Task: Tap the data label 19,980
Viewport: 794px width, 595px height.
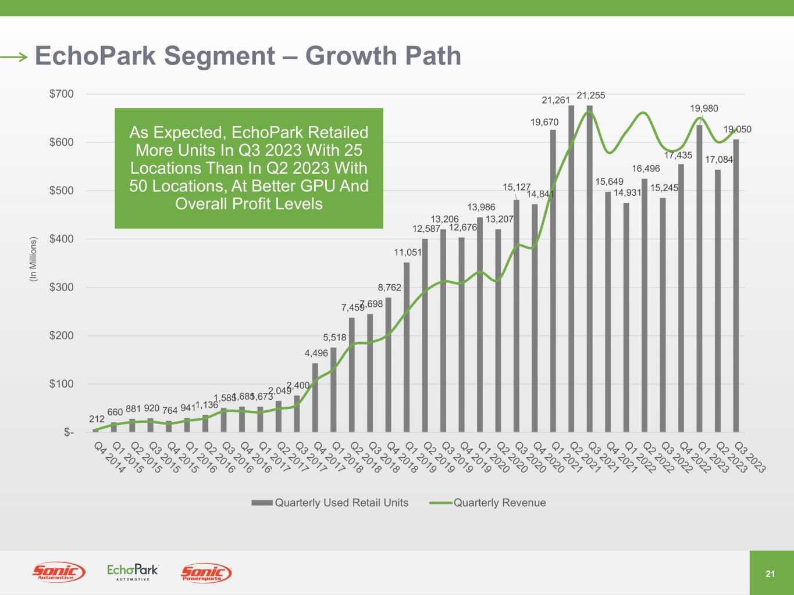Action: point(704,109)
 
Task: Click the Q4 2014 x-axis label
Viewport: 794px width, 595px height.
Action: point(109,458)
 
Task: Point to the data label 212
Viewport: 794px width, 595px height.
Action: point(97,419)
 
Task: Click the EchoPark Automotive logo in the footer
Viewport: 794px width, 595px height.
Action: point(133,572)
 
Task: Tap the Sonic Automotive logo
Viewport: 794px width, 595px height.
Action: point(59,573)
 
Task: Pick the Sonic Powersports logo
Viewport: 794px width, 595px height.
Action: point(206,573)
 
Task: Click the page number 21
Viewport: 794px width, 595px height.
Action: point(771,574)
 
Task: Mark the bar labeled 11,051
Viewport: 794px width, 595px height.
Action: point(407,347)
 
